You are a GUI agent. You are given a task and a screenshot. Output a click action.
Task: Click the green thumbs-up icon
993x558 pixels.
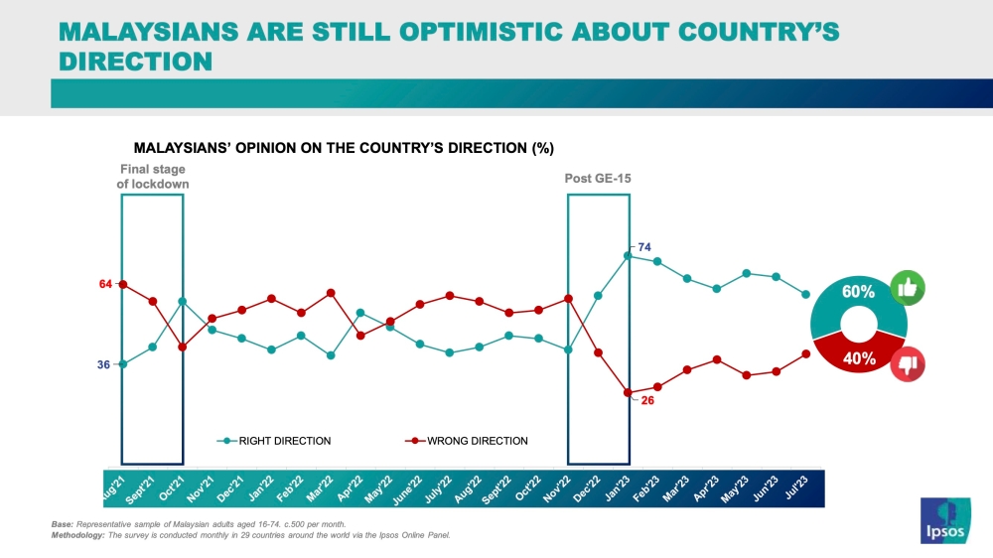(908, 288)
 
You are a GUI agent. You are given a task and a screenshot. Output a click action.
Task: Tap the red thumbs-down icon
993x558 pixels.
(908, 364)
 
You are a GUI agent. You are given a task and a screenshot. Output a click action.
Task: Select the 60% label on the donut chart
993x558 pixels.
(858, 292)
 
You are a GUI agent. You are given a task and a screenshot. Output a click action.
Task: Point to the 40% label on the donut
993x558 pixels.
(859, 358)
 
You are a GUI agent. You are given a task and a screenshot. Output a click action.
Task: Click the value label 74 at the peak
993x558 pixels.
(644, 246)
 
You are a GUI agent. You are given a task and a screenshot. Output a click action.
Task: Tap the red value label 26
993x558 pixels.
(647, 400)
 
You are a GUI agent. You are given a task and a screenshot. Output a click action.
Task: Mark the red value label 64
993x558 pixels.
(105, 285)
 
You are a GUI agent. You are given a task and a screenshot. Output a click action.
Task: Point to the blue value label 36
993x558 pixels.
(103, 364)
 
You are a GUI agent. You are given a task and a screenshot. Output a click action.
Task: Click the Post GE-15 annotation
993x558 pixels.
(598, 179)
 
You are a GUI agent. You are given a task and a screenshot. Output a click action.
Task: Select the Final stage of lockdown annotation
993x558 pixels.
(153, 177)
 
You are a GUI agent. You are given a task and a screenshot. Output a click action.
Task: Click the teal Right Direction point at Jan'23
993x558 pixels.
(628, 255)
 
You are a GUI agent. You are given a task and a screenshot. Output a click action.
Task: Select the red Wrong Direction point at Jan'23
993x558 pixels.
(628, 392)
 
